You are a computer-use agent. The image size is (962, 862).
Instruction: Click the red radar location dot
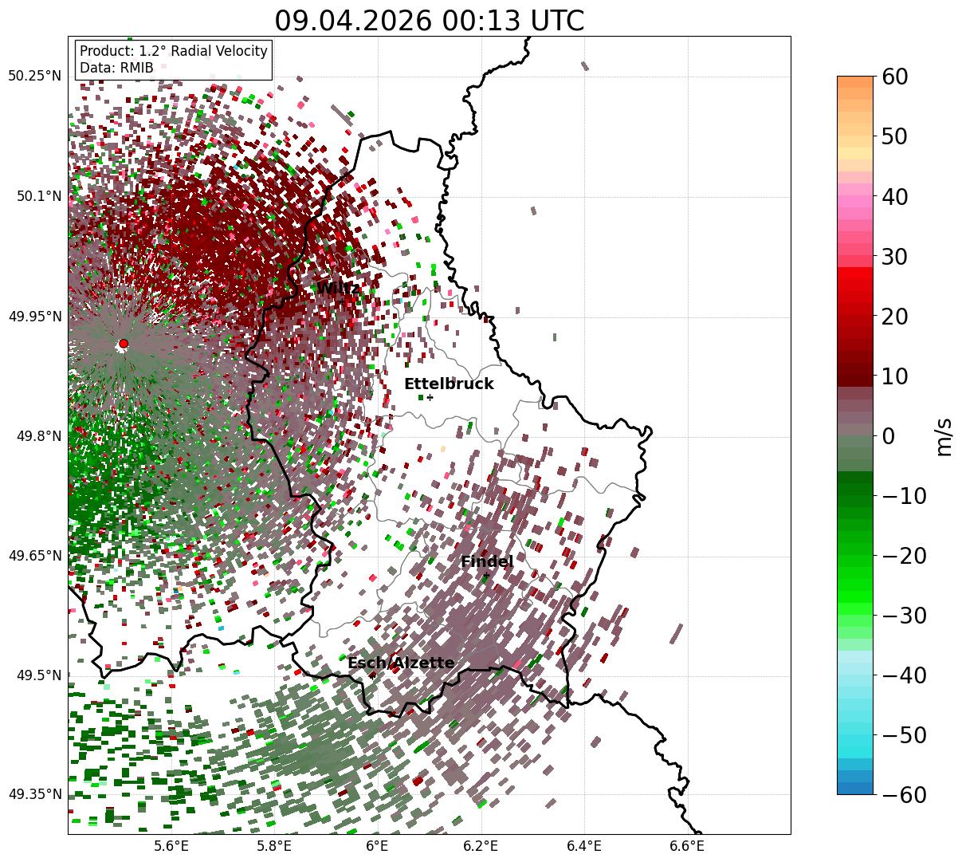(124, 343)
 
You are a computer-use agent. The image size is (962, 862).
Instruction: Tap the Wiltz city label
(338, 288)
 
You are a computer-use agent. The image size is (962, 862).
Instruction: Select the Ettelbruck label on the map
(449, 384)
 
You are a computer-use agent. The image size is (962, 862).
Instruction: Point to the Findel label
(487, 561)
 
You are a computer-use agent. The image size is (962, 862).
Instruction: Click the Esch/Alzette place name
(401, 663)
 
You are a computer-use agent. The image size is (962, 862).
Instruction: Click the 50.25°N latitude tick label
(34, 76)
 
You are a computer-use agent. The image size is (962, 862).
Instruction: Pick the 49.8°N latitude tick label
(39, 436)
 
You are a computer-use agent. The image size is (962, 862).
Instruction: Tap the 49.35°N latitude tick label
(34, 794)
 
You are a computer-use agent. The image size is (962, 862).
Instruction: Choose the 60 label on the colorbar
(894, 77)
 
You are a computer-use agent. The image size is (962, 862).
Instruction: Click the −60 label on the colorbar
(904, 794)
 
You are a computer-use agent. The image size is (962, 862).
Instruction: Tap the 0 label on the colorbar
(889, 435)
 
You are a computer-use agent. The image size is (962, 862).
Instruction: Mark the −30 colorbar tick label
(904, 616)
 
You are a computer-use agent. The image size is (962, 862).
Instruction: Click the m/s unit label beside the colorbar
(944, 437)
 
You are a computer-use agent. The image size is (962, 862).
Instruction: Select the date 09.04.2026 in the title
(353, 21)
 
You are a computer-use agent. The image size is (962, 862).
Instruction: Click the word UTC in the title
(557, 21)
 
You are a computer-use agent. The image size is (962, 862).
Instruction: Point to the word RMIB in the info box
(137, 68)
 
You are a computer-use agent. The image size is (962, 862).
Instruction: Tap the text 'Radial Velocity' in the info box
(219, 51)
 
